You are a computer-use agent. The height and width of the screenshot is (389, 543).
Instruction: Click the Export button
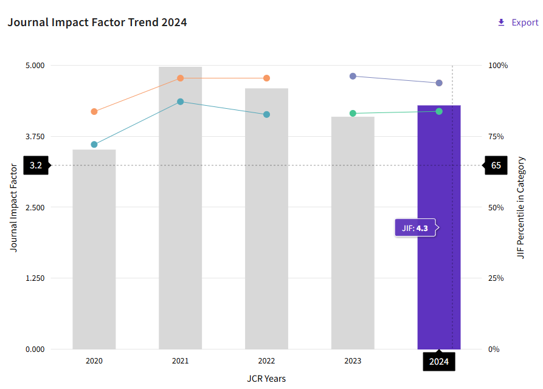point(518,22)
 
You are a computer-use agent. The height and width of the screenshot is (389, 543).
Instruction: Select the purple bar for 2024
point(438,274)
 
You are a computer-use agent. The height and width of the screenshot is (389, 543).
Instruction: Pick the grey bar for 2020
point(94,255)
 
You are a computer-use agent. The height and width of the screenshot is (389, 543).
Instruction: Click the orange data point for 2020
point(94,111)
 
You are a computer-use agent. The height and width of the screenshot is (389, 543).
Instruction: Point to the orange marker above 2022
point(266,78)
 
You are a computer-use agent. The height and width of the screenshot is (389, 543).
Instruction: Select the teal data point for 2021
point(180,102)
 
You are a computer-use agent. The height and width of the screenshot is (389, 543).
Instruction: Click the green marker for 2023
point(353,113)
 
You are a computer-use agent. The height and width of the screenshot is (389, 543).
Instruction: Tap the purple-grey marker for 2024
point(439,83)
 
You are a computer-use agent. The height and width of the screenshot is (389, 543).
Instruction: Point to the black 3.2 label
point(36,165)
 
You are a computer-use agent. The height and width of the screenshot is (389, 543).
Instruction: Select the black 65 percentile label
point(496,165)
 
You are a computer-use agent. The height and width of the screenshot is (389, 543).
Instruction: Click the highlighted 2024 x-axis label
point(439,362)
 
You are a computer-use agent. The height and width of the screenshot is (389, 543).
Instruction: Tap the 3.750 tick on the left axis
point(35,136)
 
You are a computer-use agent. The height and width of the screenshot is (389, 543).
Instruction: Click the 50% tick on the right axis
point(496,207)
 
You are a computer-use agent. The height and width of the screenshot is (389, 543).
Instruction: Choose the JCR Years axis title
point(266,378)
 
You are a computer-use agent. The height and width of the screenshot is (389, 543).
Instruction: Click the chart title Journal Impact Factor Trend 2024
point(97,22)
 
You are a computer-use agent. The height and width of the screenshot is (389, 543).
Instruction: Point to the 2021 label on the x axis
point(180,361)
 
